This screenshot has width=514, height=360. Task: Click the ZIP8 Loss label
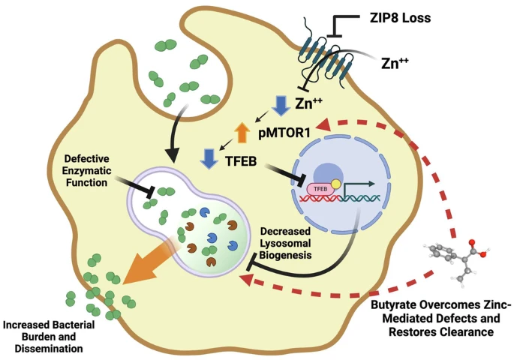click(x=398, y=17)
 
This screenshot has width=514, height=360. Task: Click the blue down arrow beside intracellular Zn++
click(x=280, y=104)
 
